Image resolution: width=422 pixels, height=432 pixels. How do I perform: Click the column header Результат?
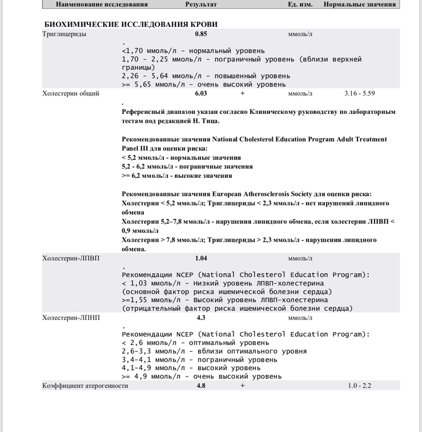[x=201, y=4]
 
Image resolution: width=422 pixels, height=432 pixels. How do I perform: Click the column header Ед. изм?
[x=300, y=4]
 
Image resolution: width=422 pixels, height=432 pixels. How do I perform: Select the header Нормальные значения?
[x=360, y=4]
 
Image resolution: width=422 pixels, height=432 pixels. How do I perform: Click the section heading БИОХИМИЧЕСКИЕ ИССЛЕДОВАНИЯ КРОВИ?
[x=131, y=24]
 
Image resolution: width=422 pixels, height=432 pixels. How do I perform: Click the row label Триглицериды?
[x=64, y=34]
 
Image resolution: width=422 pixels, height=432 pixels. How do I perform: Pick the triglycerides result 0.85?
[x=201, y=34]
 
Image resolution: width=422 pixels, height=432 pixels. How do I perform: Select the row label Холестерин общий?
[x=71, y=93]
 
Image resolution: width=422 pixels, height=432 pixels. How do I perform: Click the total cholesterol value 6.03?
[x=201, y=93]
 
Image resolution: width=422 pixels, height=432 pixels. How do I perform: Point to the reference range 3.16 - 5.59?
[x=360, y=93]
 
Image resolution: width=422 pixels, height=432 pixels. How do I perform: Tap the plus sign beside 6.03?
[x=242, y=93]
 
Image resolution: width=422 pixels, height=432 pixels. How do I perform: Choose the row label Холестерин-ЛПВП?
[x=71, y=258]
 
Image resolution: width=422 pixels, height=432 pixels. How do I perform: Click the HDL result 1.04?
[x=201, y=258]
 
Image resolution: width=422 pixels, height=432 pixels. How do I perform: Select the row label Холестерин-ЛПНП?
[x=71, y=318]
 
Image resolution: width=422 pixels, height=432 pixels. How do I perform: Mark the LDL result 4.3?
[x=201, y=318]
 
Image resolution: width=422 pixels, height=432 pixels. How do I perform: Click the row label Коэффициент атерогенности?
[x=85, y=385]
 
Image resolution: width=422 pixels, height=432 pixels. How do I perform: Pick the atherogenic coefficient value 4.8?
[x=201, y=385]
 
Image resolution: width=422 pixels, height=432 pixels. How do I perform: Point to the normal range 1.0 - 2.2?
[x=360, y=385]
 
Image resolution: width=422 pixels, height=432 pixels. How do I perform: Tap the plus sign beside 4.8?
[x=242, y=385]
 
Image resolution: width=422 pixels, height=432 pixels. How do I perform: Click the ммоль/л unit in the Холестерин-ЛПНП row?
[x=300, y=318]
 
